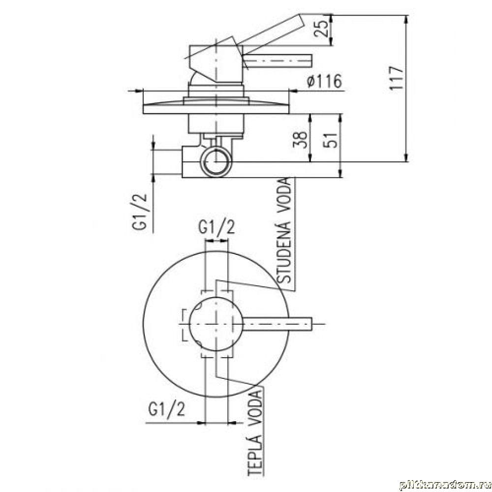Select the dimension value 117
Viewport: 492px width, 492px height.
[x=396, y=78]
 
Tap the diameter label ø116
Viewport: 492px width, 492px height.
[x=324, y=81]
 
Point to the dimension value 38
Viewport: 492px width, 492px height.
[x=300, y=139]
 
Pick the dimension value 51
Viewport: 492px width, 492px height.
[x=330, y=139]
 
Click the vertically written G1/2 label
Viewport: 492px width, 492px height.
[x=140, y=212]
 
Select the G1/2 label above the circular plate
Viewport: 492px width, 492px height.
[x=216, y=227]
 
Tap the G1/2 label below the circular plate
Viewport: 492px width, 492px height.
[x=167, y=409]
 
